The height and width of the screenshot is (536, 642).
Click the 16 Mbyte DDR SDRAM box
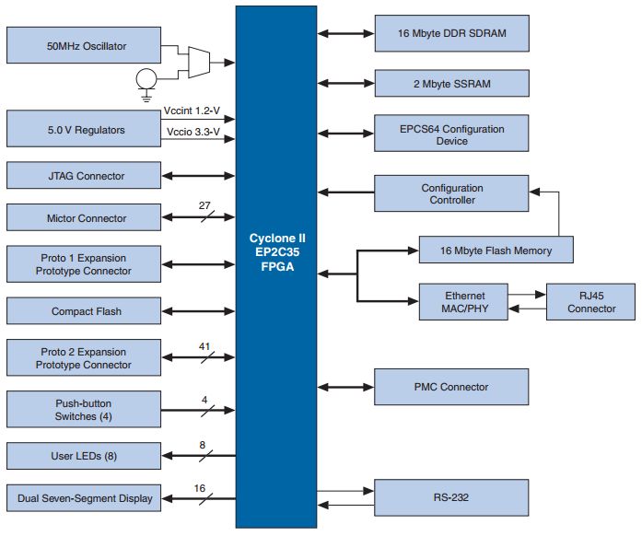(451, 34)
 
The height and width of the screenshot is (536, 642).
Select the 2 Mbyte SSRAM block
(451, 84)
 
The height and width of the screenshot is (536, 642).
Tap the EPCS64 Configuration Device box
(451, 134)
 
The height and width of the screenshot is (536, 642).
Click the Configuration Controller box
(451, 193)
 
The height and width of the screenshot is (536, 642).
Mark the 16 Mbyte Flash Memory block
(496, 250)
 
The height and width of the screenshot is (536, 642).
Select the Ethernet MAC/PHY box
(464, 302)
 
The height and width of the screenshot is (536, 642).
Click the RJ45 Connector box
(590, 302)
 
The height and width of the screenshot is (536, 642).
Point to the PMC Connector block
(451, 387)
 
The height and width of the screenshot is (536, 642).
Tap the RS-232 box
(451, 498)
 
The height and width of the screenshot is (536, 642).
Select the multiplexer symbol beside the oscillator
(198, 62)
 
